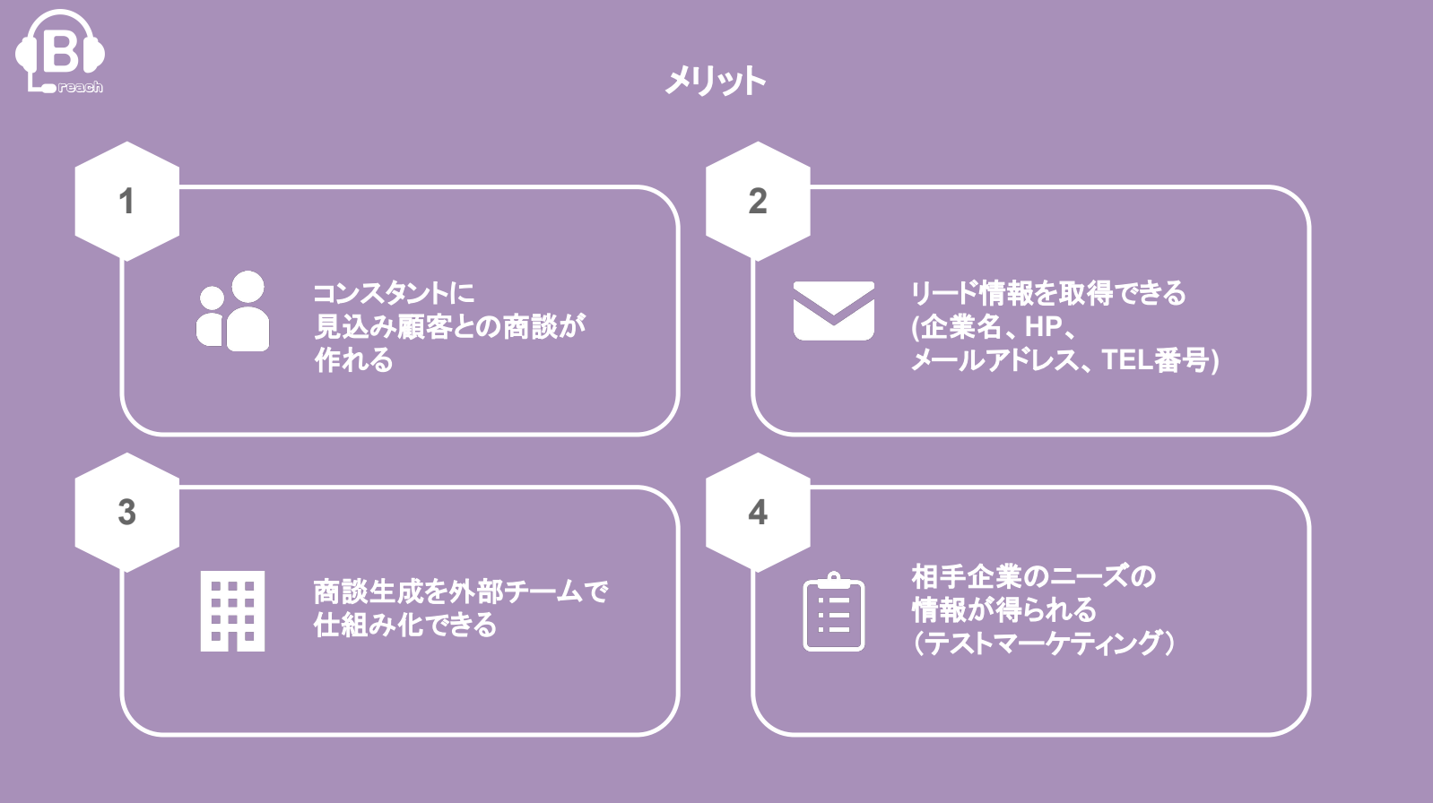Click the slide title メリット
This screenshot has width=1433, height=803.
pos(715,82)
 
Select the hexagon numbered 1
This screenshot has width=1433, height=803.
pos(126,202)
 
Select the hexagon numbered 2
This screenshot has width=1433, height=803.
pos(758,202)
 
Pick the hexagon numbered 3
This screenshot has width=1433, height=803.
pos(126,513)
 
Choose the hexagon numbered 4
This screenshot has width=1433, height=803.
pos(758,513)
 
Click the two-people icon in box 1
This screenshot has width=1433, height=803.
pos(233,311)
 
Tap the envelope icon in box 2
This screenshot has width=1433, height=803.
pos(833,311)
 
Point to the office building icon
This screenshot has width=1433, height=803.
pos(232,610)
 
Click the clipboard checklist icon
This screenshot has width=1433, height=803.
pos(833,612)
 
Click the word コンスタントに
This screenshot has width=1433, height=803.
pos(393,293)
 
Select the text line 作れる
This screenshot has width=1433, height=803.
pos(353,360)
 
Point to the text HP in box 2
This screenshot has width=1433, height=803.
pos(1043,327)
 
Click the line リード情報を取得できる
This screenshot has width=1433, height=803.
pos(1047,293)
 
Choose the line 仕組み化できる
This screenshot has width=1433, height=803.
pos(404,625)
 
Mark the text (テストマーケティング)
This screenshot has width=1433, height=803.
pos(1043,643)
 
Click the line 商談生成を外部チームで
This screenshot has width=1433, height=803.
pos(460,591)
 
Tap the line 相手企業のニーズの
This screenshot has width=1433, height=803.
pos(1033,575)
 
